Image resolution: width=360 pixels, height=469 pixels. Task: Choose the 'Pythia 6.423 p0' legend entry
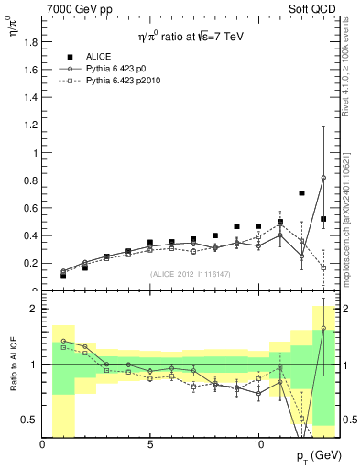(x=116, y=68)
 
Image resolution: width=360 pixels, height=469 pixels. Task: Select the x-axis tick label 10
(x=258, y=443)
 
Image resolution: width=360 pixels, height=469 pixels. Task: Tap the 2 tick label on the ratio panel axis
(x=33, y=309)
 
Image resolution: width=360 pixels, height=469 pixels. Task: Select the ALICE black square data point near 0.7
(x=302, y=193)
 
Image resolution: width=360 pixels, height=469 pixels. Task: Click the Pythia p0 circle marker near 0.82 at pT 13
(x=323, y=178)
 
